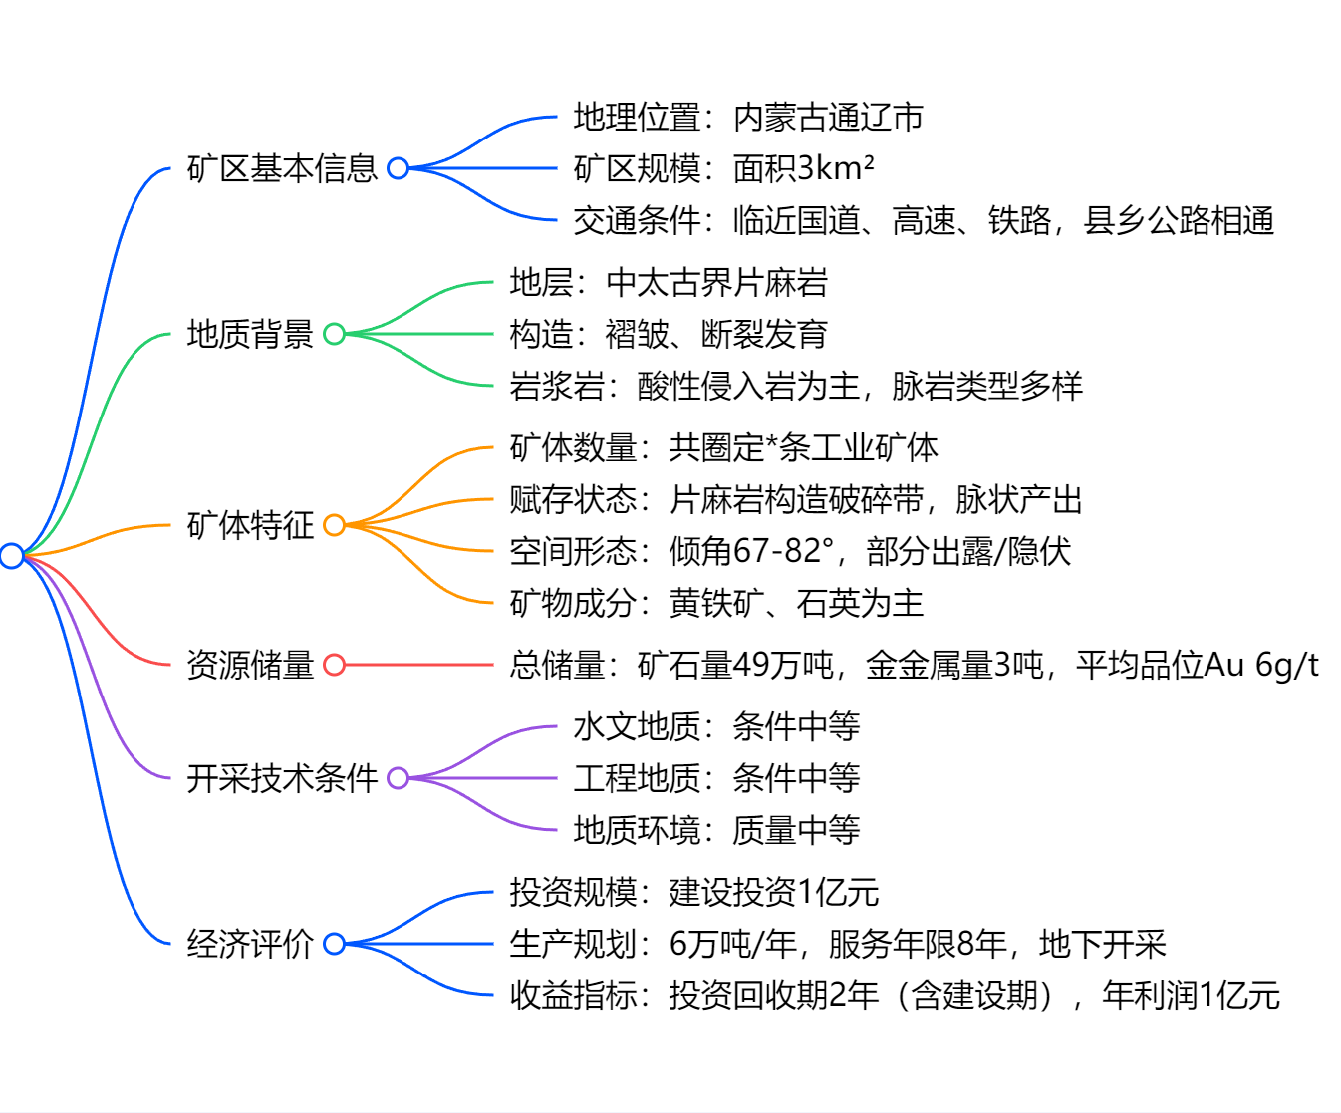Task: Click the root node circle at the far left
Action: click(x=12, y=555)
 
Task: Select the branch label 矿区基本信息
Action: click(x=282, y=168)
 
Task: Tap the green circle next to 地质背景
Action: click(x=334, y=334)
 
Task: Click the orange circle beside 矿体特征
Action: click(x=334, y=525)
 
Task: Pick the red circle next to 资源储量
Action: click(x=334, y=665)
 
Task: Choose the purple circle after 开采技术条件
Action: click(x=398, y=778)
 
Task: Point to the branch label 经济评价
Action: click(x=250, y=944)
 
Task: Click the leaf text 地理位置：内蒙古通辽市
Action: click(x=748, y=118)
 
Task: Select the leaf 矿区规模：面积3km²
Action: click(x=723, y=168)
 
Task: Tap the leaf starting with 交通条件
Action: click(x=924, y=220)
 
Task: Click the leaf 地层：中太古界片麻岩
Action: click(x=669, y=283)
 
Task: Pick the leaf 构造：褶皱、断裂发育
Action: click(x=669, y=334)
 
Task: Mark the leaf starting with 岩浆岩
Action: click(x=796, y=386)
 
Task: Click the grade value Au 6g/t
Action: click(x=1262, y=665)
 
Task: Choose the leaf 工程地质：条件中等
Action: click(x=716, y=778)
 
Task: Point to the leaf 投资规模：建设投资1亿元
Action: click(x=694, y=892)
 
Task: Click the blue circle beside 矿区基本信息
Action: click(x=398, y=168)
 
